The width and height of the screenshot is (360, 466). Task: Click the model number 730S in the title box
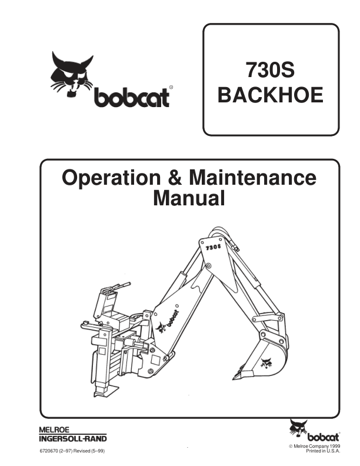coord(270,70)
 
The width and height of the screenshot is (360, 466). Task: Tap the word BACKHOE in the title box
coord(271,95)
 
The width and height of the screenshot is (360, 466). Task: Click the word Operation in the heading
coord(111,178)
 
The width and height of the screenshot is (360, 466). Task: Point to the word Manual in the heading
coord(189,198)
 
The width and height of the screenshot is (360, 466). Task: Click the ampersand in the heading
coord(175,178)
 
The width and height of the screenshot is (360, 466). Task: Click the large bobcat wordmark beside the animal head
coord(132,98)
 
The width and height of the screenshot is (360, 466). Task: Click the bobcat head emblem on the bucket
coord(266,363)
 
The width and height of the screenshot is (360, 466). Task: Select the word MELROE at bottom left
coord(54,430)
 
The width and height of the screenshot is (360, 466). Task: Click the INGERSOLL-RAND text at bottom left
coord(73,438)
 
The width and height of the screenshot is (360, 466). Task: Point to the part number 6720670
coord(49,451)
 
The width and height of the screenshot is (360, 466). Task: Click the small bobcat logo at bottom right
coord(315,431)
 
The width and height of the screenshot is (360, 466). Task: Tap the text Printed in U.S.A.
coord(323,451)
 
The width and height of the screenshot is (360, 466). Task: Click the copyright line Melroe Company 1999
coord(315,447)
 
